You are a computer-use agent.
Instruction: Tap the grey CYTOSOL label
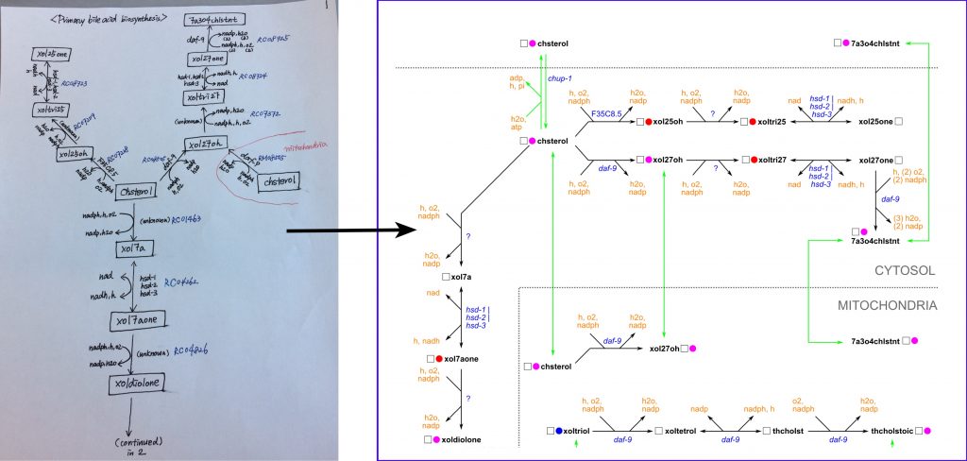click(x=903, y=271)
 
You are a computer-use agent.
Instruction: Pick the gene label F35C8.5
click(x=606, y=113)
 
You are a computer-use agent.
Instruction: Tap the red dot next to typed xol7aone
click(x=440, y=359)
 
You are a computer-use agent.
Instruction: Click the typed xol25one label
click(x=876, y=122)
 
